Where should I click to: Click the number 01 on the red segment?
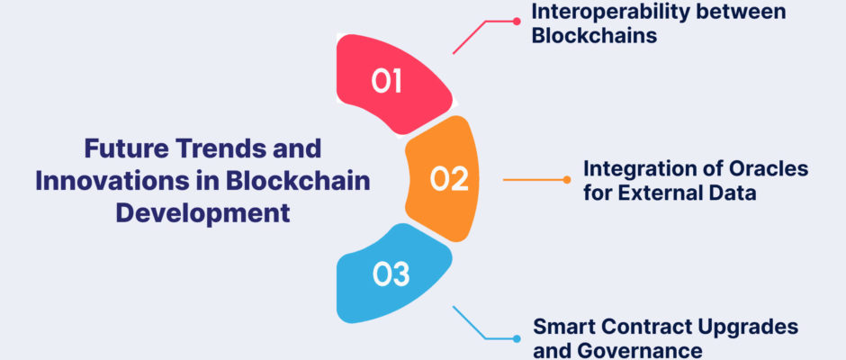pyautogui.click(x=387, y=82)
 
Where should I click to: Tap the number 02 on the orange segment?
pyautogui.click(x=449, y=179)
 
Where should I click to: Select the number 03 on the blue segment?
pyautogui.click(x=391, y=274)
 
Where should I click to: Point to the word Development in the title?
pyautogui.click(x=202, y=213)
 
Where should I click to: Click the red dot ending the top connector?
pyautogui.click(x=517, y=22)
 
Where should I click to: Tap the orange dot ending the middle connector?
pyautogui.click(x=566, y=180)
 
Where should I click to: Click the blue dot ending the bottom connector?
pyautogui.click(x=517, y=339)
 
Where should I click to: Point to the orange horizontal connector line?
pyautogui.click(x=533, y=180)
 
